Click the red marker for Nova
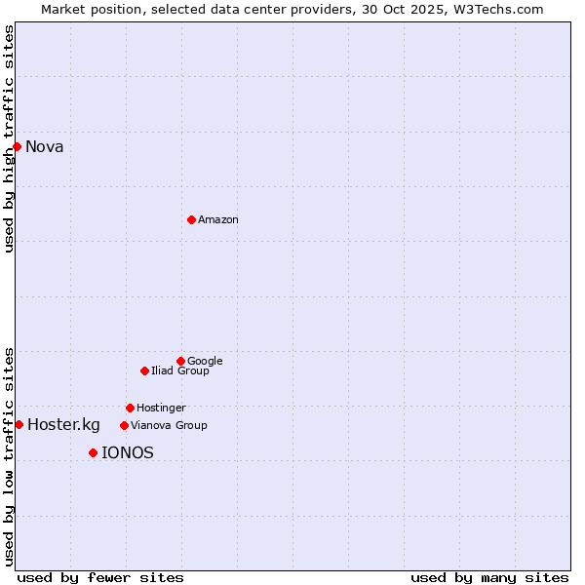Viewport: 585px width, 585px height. tap(17, 146)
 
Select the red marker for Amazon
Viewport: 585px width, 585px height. tap(191, 219)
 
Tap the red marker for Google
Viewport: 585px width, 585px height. tap(180, 361)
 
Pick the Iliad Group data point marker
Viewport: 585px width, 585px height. tap(144, 370)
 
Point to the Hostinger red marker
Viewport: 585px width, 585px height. tap(130, 408)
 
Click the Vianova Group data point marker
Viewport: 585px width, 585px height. tap(124, 425)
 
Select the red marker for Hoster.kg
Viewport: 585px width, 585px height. tap(19, 424)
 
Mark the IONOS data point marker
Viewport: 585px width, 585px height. tap(93, 452)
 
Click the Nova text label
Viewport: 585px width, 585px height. tap(45, 147)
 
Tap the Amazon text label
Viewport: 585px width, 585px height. tap(218, 220)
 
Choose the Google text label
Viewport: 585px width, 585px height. tap(205, 362)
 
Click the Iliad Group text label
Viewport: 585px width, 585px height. tap(180, 371)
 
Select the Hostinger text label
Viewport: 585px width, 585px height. tap(161, 409)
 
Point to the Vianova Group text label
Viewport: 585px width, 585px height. tap(169, 426)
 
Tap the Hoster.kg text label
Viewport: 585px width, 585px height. tap(63, 425)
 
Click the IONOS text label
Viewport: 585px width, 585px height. tap(128, 453)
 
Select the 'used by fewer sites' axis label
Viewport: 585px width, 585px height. tap(100, 578)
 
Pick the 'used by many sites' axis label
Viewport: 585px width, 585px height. tap(489, 578)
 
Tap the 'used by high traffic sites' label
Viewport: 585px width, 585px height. tap(10, 138)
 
